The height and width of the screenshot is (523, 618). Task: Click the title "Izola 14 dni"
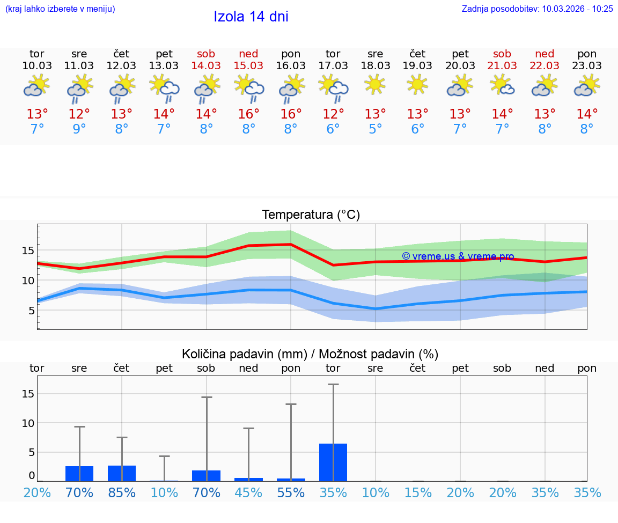tap(251, 17)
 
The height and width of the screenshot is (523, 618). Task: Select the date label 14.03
tap(206, 65)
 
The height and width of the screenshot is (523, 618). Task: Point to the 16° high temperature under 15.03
tap(248, 114)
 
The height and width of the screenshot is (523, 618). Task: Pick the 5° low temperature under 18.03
tap(376, 129)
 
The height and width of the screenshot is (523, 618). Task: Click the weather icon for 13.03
tap(164, 87)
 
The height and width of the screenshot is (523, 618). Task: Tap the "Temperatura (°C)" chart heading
tap(311, 215)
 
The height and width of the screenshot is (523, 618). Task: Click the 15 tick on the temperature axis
tap(28, 251)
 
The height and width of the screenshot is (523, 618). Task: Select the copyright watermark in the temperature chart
tap(458, 256)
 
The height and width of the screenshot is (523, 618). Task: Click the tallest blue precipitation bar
tap(333, 462)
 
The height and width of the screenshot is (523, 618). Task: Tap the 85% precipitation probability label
tap(122, 493)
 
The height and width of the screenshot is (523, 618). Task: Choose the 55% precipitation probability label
tap(291, 493)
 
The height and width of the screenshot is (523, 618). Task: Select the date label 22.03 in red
tap(545, 65)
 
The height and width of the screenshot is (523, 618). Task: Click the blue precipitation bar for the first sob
tap(206, 475)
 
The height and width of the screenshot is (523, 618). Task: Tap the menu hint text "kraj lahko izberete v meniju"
tap(60, 9)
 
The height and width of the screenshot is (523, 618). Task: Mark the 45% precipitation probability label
tap(248, 493)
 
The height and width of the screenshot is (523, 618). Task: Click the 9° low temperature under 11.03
tap(79, 129)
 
